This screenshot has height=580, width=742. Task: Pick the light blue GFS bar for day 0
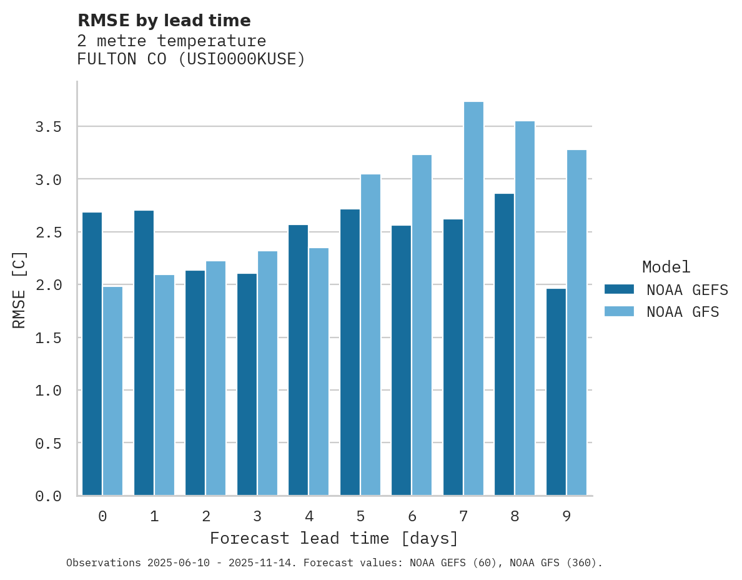pos(112,391)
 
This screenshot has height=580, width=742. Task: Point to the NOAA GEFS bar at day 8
pos(504,344)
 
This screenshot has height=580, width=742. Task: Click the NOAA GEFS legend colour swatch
pos(619,289)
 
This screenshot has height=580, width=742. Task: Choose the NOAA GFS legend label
pos(683,312)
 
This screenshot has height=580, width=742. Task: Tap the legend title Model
pos(666,267)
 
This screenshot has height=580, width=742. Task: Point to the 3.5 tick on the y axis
pos(48,127)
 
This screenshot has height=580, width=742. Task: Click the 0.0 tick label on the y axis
pos(48,496)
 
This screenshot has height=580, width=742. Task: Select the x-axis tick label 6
pos(412,516)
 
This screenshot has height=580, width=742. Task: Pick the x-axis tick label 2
pos(205,516)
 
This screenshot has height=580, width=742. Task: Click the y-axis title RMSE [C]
pos(19,289)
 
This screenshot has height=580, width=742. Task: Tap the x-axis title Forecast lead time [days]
pos(334,538)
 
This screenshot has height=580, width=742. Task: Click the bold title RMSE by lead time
pos(164,21)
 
